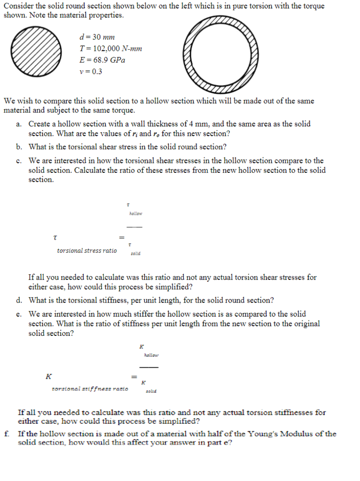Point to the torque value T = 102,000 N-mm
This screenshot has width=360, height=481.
tap(111, 49)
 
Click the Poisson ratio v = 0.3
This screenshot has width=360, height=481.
tap(91, 72)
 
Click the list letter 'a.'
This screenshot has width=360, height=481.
tap(18, 124)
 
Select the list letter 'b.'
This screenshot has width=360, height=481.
tap(18, 147)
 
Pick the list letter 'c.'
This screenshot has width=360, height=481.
tap(18, 161)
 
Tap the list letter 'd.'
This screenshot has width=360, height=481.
tap(18, 300)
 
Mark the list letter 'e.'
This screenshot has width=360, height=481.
tap(18, 314)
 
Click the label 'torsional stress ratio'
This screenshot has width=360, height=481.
tap(87, 251)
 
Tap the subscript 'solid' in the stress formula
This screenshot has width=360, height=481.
tap(135, 254)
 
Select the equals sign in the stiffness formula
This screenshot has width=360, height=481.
tap(134, 377)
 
